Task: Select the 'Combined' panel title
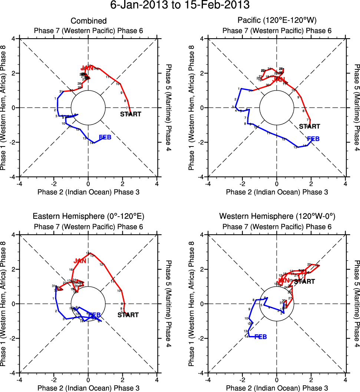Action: click(89, 21)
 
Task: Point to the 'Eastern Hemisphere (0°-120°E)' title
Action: click(89, 216)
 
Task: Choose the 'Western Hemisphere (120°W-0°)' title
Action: click(277, 216)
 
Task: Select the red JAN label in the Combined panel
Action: click(87, 68)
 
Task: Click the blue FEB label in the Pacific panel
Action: click(313, 139)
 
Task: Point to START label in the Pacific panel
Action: click(310, 126)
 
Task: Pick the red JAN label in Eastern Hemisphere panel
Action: click(80, 261)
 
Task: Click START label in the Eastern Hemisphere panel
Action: click(128, 315)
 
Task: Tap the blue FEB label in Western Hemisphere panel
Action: click(260, 337)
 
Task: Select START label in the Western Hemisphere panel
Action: click(304, 281)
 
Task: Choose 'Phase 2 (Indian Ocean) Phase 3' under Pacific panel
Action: click(277, 192)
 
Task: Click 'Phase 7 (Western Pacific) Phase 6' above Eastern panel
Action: click(89, 226)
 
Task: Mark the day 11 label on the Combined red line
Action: click(108, 77)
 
